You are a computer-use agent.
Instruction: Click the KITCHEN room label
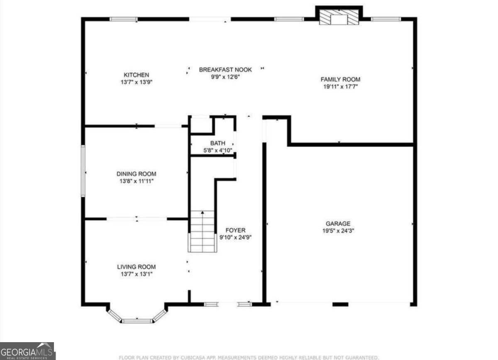pyautogui.click(x=136, y=75)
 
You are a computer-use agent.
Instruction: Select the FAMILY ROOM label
pyautogui.click(x=340, y=79)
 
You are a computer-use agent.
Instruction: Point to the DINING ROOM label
pyautogui.click(x=136, y=174)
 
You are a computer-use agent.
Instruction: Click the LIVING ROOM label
pyautogui.click(x=136, y=267)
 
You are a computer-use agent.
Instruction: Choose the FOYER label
pyautogui.click(x=235, y=230)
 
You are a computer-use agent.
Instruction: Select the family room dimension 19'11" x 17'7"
pyautogui.click(x=340, y=87)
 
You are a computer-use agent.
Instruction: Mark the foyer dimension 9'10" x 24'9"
pyautogui.click(x=236, y=238)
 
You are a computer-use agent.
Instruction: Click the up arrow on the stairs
pyautogui.click(x=203, y=213)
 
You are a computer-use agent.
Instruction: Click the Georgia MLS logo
pyautogui.click(x=27, y=351)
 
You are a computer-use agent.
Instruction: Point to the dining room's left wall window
pyautogui.click(x=83, y=171)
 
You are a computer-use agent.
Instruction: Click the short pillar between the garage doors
pyautogui.click(x=340, y=304)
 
